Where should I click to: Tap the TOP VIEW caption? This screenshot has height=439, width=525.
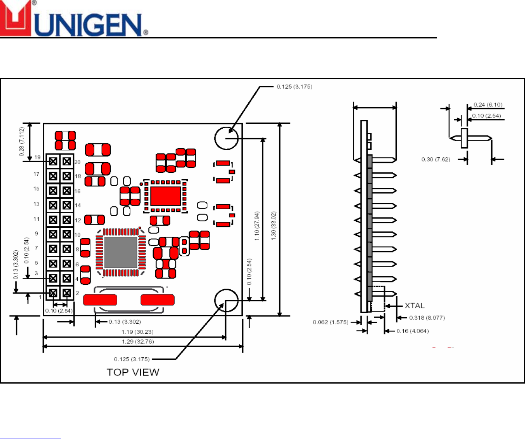tap(133, 372)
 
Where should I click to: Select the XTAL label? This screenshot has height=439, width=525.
tap(415, 306)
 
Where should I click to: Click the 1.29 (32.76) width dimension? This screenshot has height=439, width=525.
tap(138, 342)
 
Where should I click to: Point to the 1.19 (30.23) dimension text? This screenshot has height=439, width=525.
tap(138, 332)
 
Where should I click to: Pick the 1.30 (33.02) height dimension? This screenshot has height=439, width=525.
tap(273, 226)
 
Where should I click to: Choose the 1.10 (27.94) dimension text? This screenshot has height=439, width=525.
tap(257, 226)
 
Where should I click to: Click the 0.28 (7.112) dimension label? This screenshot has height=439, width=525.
tap(21, 142)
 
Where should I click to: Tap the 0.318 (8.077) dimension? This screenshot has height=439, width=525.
tap(427, 318)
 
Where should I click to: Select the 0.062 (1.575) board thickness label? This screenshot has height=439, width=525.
tap(330, 322)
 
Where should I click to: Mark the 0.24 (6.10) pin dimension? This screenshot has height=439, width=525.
tap(488, 105)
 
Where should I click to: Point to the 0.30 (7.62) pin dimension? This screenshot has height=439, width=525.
tap(436, 159)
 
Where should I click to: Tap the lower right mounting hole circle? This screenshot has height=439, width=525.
tap(226, 300)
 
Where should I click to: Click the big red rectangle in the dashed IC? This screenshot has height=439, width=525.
tap(165, 196)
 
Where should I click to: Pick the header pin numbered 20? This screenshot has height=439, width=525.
tap(67, 161)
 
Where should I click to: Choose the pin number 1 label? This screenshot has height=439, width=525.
tap(40, 297)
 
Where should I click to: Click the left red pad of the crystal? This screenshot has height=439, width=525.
tap(100, 300)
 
